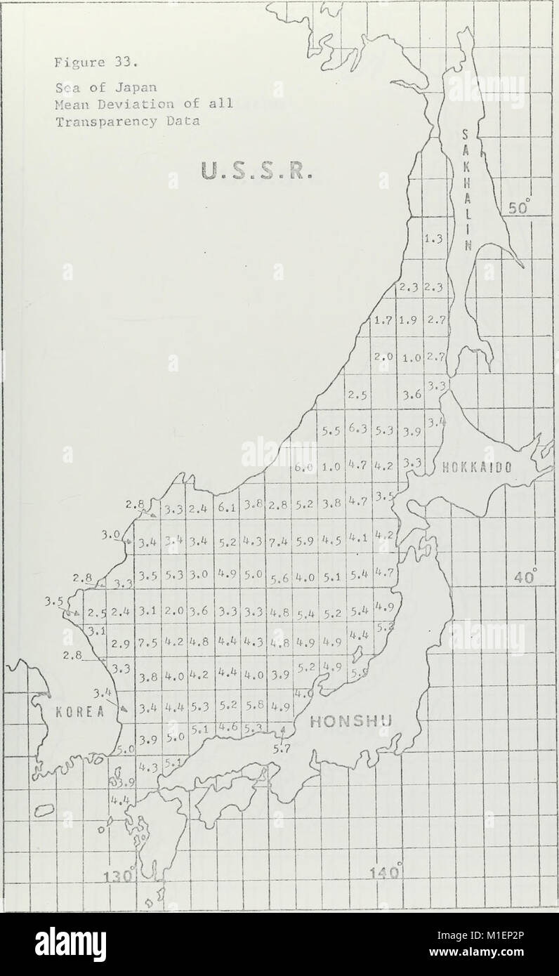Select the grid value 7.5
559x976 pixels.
[146, 642]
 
